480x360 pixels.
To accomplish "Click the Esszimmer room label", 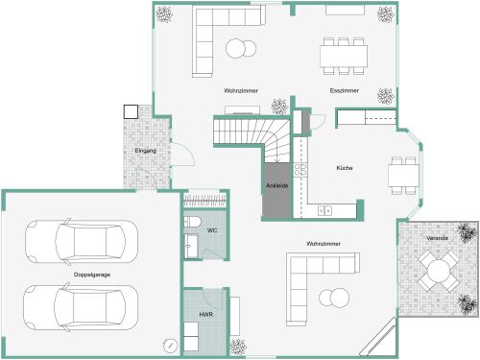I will click(344, 90).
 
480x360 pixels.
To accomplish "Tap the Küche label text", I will click(344, 168).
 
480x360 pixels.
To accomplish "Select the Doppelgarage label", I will click(91, 276).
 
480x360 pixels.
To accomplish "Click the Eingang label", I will click(146, 151).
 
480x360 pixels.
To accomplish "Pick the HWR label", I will click(205, 315).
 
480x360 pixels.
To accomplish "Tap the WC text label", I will click(212, 231).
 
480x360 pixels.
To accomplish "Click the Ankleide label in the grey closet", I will click(276, 186).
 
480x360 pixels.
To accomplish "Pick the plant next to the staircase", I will click(278, 106).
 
